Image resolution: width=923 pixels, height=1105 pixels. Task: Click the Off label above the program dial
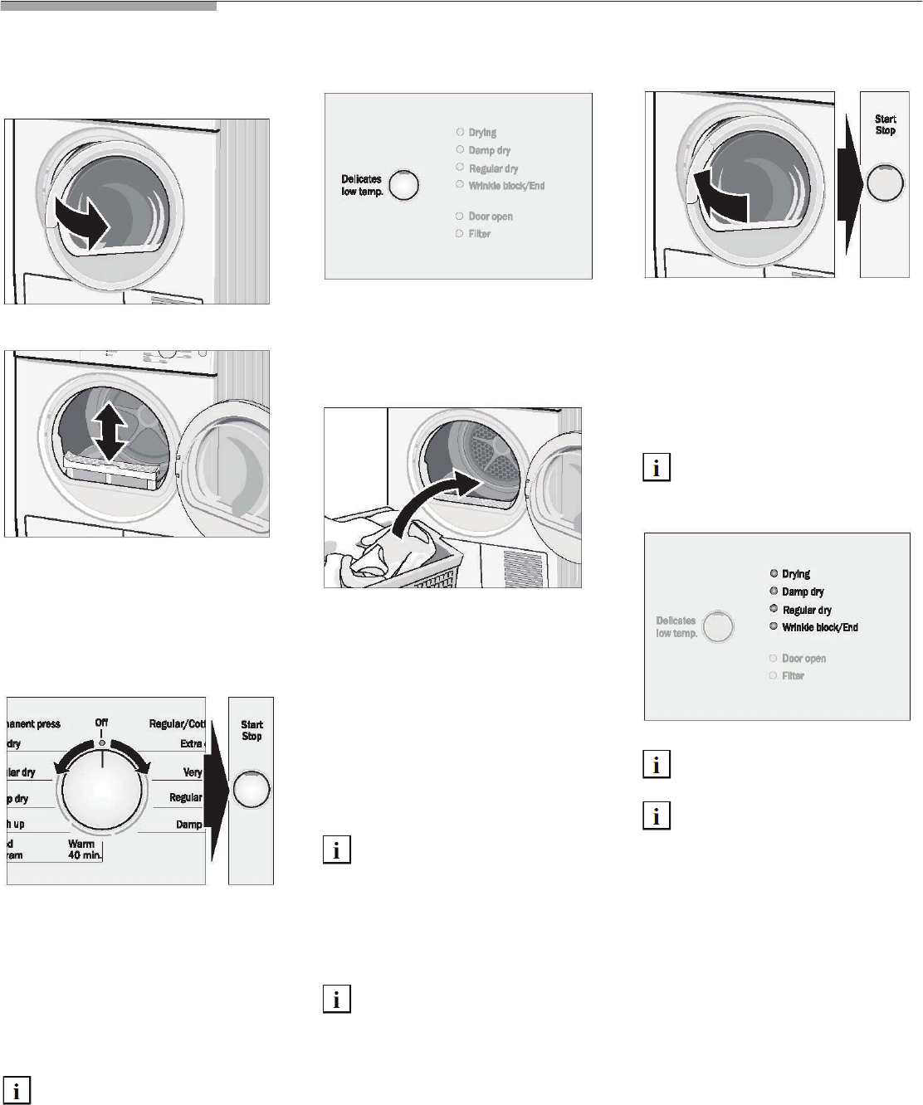(101, 723)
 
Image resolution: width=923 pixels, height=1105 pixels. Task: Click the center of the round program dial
(102, 789)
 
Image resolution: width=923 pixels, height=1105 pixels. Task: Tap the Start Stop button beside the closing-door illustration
(884, 183)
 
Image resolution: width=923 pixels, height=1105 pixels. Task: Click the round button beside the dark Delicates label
(403, 185)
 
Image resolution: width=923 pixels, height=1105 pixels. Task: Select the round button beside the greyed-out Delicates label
(718, 626)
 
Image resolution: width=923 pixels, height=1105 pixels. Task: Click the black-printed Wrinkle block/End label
(819, 628)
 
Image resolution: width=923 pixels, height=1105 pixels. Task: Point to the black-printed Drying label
(795, 574)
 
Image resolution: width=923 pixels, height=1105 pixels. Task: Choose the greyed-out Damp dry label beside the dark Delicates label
(489, 150)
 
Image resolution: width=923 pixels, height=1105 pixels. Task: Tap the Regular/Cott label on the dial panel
(177, 724)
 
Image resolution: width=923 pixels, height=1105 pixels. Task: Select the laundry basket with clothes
(390, 557)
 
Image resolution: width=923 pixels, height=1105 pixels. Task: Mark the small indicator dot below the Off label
(101, 742)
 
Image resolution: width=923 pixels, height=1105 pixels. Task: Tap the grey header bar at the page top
(108, 6)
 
